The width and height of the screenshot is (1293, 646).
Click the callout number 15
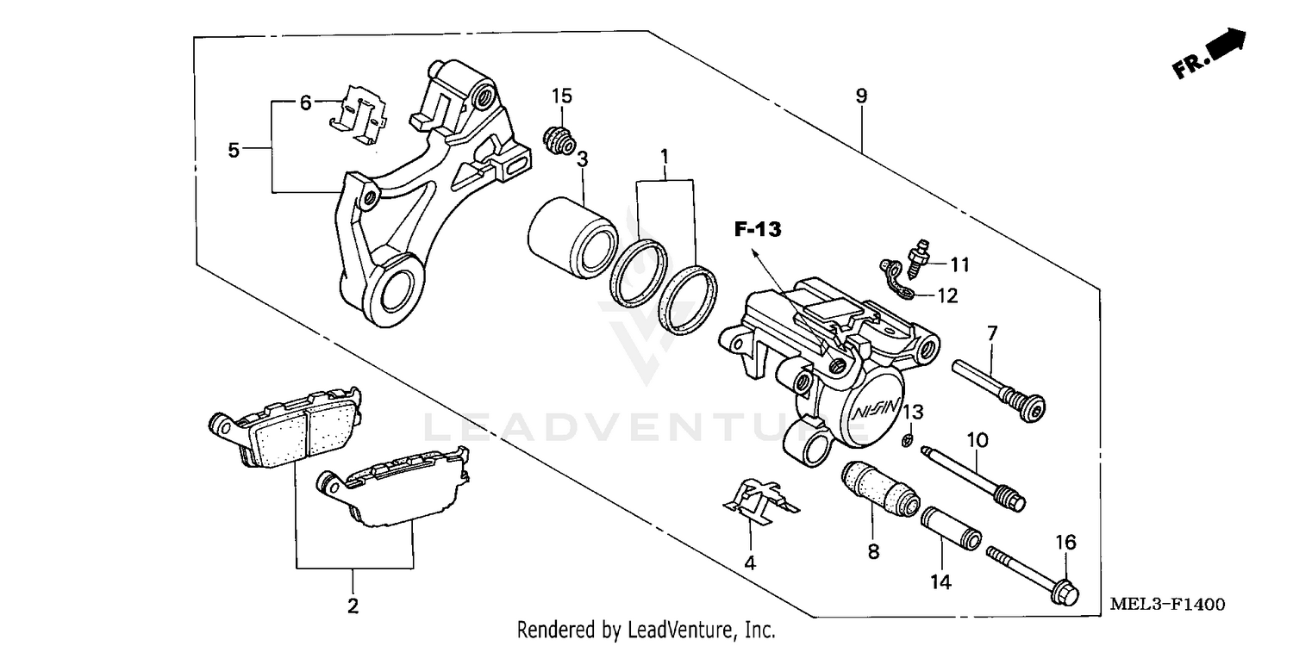click(562, 95)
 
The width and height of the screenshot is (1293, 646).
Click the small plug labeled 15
click(559, 140)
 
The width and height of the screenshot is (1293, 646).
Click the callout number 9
click(861, 96)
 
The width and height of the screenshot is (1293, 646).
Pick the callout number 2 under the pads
click(353, 606)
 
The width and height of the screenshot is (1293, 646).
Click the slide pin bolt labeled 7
click(998, 389)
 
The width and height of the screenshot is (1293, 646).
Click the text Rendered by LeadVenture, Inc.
click(646, 630)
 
